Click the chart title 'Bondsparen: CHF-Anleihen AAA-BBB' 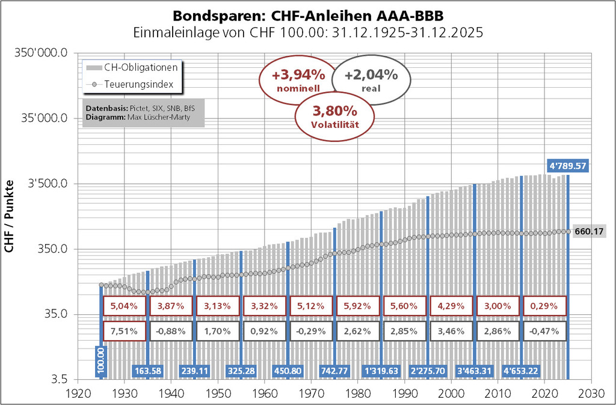[x=307, y=14]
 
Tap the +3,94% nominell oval [x=298, y=81]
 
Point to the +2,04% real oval [x=371, y=81]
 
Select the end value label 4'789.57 [x=567, y=165]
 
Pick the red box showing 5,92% [x=357, y=306]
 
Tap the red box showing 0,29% [x=544, y=306]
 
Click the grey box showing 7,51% [x=123, y=331]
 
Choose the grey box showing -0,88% [x=170, y=331]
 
